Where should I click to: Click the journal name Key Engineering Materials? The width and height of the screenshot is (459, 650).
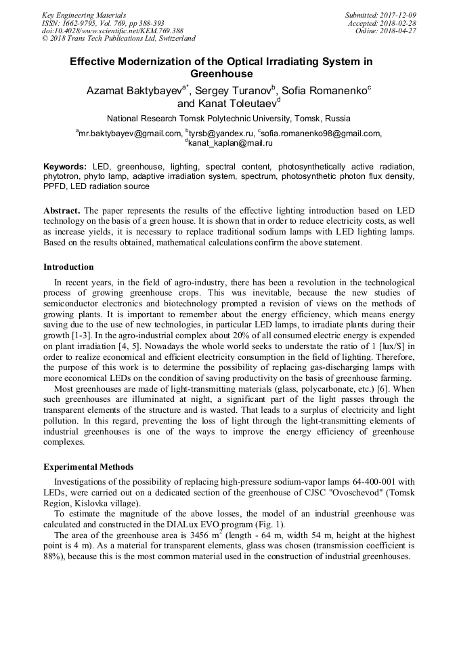pyautogui.click(x=84, y=15)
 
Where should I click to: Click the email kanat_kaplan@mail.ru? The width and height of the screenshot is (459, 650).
pyautogui.click(x=230, y=143)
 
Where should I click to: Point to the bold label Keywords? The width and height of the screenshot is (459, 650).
pyautogui.click(x=65, y=167)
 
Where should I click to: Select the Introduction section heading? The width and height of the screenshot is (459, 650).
pyautogui.click(x=68, y=267)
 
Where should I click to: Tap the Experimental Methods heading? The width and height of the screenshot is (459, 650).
pyautogui.click(x=88, y=467)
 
